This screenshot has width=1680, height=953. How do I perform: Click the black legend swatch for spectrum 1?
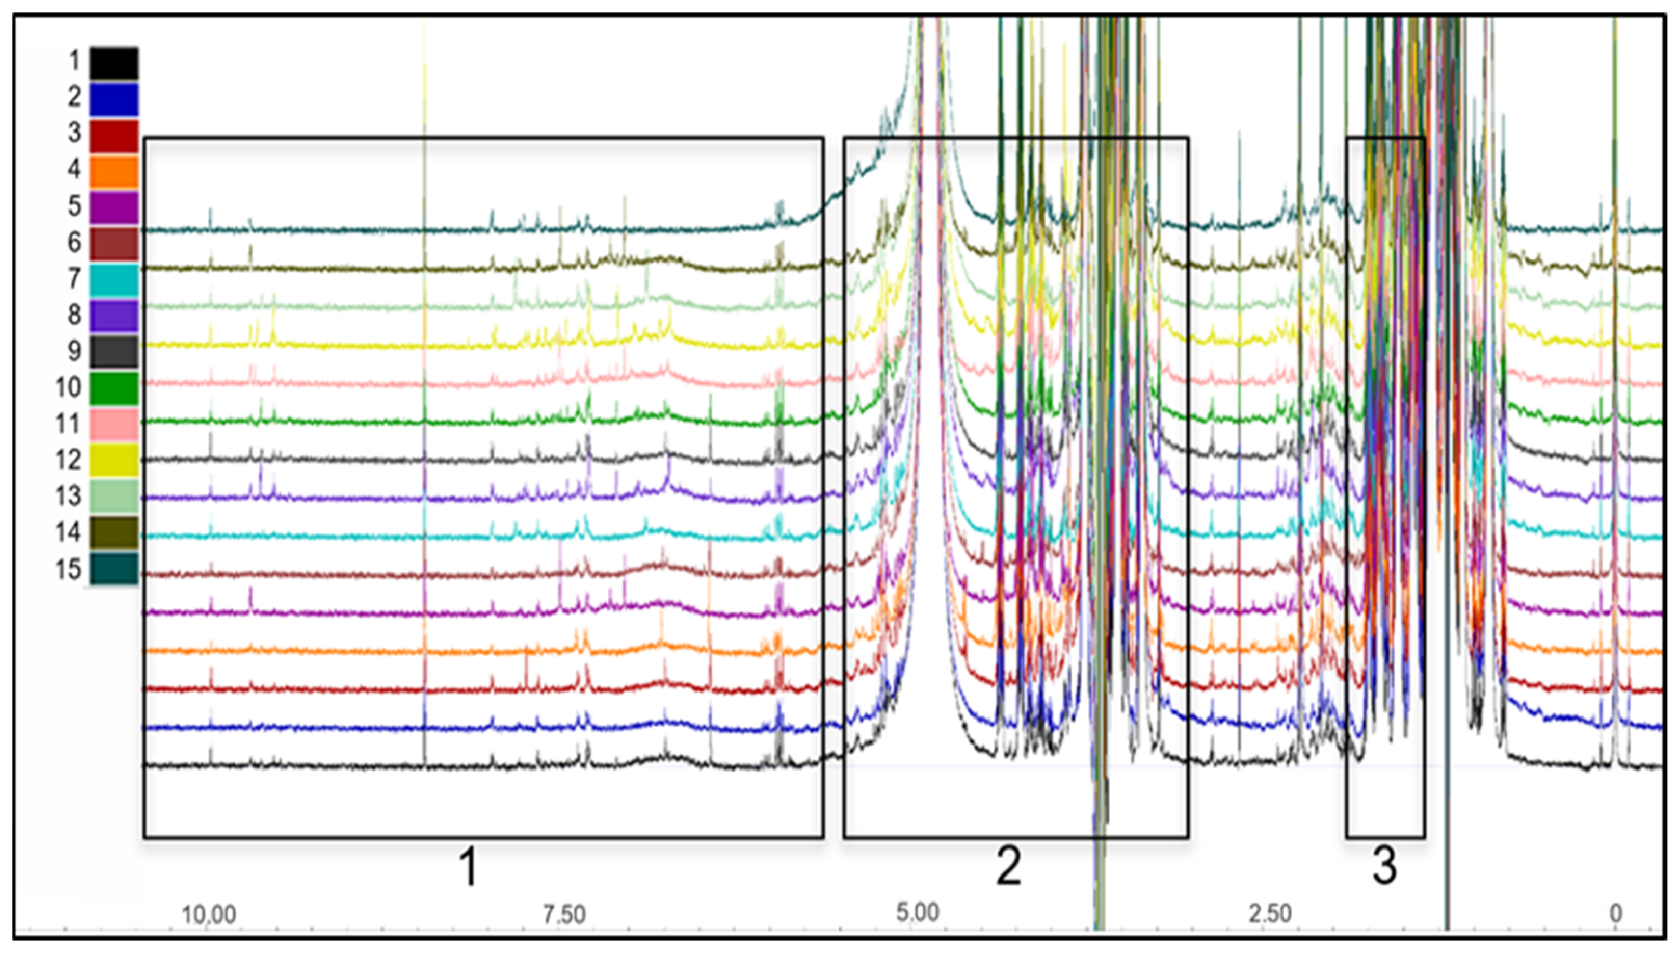click(x=114, y=63)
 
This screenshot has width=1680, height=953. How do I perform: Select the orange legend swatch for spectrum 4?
click(x=114, y=172)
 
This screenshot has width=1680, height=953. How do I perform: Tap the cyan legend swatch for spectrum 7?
click(x=114, y=280)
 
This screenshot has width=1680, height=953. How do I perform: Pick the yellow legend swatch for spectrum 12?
click(x=114, y=460)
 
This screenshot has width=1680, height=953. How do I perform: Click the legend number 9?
click(x=74, y=351)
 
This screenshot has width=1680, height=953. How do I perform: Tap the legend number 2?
click(x=74, y=98)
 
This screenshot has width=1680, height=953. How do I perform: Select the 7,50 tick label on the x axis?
click(x=564, y=913)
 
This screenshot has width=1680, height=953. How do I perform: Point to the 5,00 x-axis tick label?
click(x=917, y=912)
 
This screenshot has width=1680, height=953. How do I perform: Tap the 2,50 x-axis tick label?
click(x=1270, y=913)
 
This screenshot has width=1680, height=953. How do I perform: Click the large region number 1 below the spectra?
click(x=468, y=867)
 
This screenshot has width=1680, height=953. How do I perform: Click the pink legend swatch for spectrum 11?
click(x=114, y=424)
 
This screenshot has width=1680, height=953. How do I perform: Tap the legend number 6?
click(x=74, y=243)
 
